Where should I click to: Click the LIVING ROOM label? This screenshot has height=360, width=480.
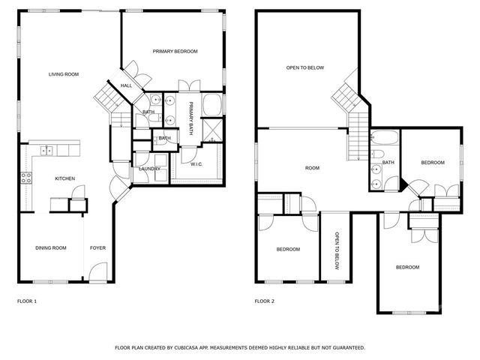(64, 74)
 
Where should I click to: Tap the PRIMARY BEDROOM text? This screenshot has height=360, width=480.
(175, 51)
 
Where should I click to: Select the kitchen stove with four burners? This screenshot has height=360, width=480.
(26, 178)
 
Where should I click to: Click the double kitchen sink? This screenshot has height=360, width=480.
(46, 151)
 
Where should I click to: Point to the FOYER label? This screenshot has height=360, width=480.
(97, 248)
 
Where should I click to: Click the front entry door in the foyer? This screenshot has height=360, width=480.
(95, 274)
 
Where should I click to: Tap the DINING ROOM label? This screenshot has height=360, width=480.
(51, 248)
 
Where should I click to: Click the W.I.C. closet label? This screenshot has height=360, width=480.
(196, 164)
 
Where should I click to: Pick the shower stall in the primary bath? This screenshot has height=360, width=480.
(211, 136)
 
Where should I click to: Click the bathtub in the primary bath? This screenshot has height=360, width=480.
(212, 103)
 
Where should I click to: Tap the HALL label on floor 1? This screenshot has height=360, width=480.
(126, 85)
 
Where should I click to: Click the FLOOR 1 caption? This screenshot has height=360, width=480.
(27, 301)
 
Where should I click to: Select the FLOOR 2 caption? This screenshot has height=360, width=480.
(265, 301)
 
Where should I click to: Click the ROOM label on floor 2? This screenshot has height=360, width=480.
(312, 168)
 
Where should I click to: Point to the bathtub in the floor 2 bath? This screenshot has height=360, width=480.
(385, 139)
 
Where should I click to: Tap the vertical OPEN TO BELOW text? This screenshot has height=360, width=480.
(336, 247)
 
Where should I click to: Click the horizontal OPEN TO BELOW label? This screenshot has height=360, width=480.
(304, 68)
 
